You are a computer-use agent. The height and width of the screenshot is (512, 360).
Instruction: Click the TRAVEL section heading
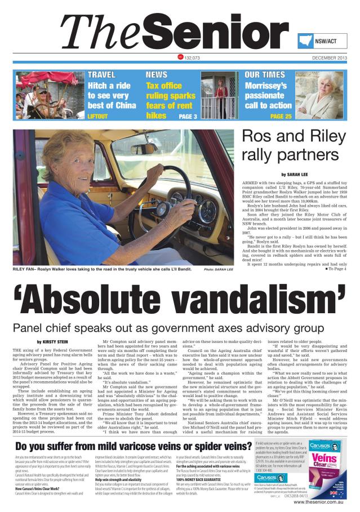pyautogui.click(x=102, y=74)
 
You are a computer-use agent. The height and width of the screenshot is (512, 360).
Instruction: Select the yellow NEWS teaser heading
pyautogui.click(x=156, y=74)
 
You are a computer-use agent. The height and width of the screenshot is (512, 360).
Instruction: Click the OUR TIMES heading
pyautogui.click(x=264, y=74)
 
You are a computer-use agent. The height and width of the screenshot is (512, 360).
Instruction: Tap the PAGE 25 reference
pyautogui.click(x=281, y=117)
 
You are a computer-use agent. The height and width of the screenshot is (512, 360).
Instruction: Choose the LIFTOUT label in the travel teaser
pyautogui.click(x=97, y=117)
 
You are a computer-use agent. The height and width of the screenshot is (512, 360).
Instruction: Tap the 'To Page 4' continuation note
pyautogui.click(x=336, y=269)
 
